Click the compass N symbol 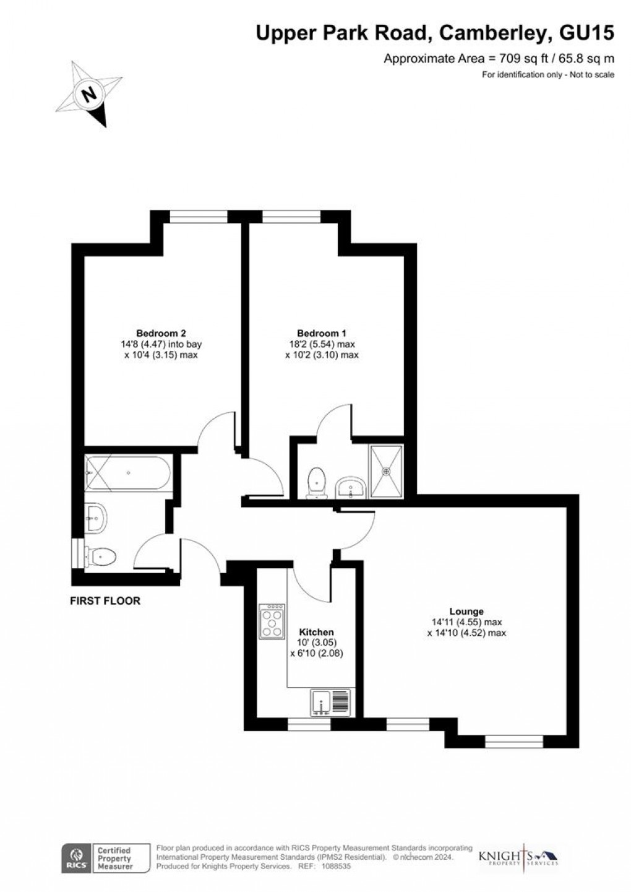(90, 95)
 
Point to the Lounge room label (467, 612)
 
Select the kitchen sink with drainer (330, 702)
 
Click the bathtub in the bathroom (127, 474)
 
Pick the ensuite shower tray (387, 471)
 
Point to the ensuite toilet (317, 482)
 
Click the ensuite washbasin (351, 488)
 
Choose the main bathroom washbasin (97, 516)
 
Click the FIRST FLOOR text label (105, 600)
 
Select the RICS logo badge (74, 857)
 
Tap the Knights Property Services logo (518, 857)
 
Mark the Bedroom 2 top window (199, 216)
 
